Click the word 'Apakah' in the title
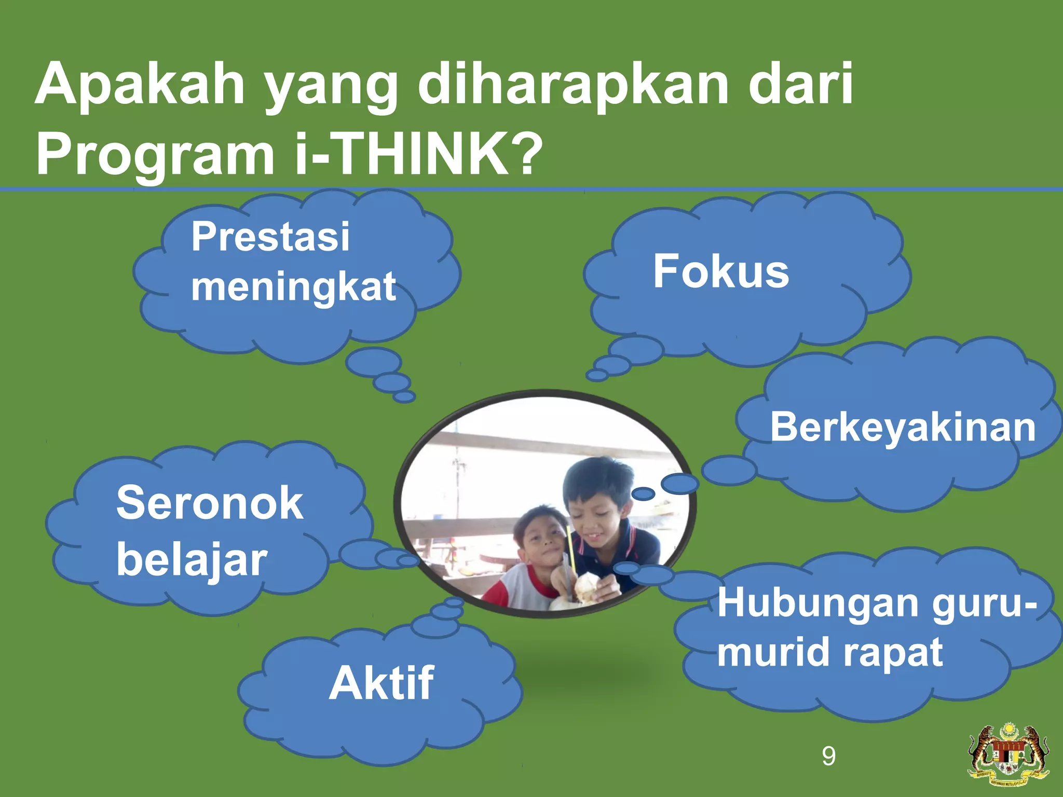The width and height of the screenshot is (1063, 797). [140, 84]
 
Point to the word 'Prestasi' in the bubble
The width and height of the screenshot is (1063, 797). [270, 237]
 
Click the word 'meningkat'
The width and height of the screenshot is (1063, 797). [293, 286]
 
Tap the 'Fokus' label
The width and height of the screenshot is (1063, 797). [721, 271]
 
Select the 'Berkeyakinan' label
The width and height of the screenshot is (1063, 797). [903, 427]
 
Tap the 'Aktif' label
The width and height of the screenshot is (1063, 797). [381, 683]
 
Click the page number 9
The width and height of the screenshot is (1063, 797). [829, 756]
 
